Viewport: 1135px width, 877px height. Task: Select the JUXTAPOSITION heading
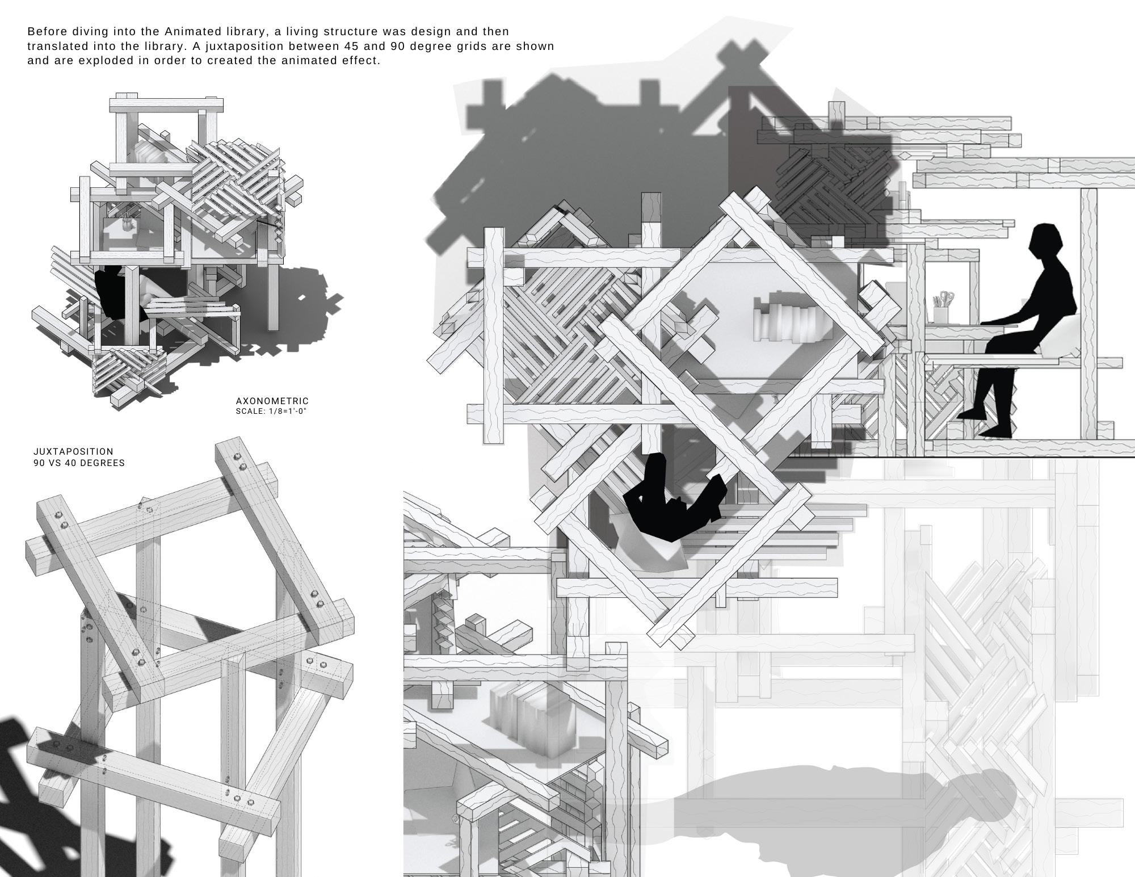(x=73, y=451)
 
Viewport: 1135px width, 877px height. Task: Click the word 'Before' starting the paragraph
(x=47, y=32)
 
